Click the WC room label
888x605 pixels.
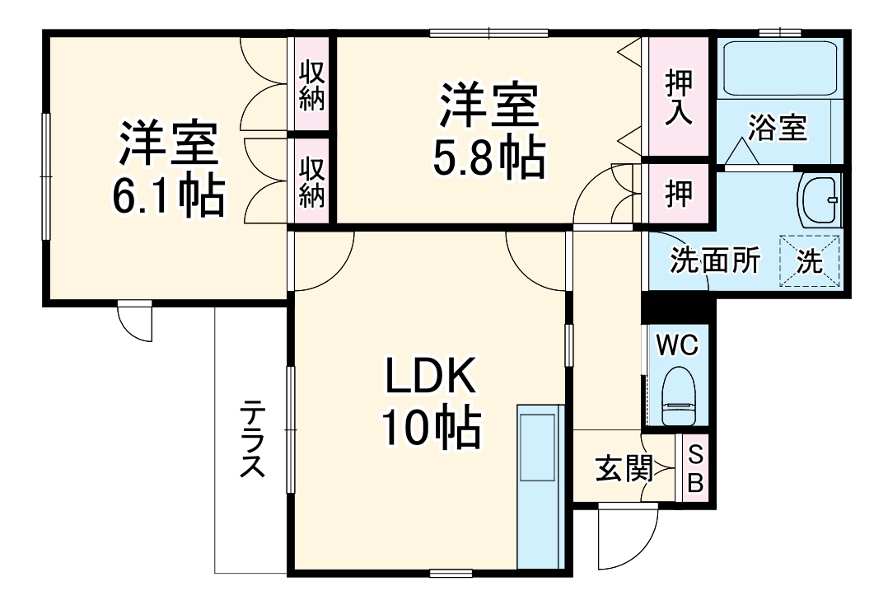tap(676, 345)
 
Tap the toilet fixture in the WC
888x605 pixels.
tap(680, 396)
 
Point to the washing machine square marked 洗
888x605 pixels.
tap(810, 261)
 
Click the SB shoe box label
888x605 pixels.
tap(695, 468)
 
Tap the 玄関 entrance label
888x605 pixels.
tap(624, 469)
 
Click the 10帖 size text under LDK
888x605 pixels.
tap(430, 427)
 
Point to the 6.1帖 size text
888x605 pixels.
tap(169, 195)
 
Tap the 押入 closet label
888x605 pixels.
tap(678, 97)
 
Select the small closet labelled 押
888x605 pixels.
tap(678, 192)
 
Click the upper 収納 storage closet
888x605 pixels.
tap(311, 86)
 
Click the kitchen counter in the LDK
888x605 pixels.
tap(540, 486)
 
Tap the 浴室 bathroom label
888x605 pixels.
tap(778, 129)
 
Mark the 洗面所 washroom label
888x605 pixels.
tap(714, 261)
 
